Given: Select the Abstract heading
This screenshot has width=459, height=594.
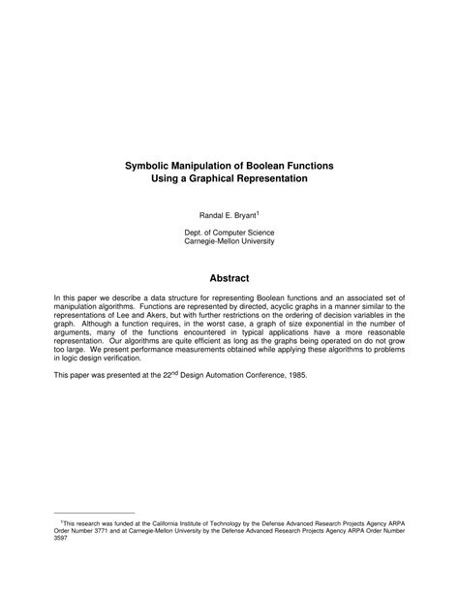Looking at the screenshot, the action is point(229,278).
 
